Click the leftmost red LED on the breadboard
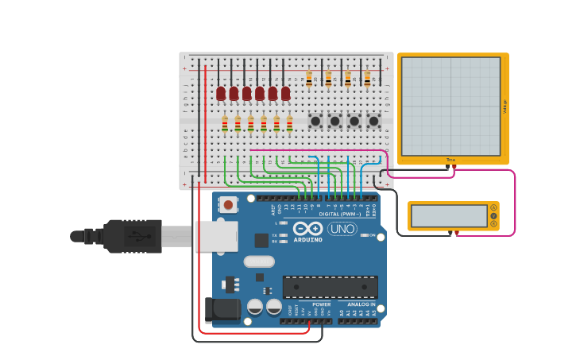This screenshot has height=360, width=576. coord(221,94)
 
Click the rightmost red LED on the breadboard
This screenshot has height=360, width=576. coord(285,94)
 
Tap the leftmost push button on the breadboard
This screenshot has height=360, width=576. coord(315,121)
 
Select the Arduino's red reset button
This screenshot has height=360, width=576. coord(229,204)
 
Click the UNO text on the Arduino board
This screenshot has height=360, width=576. coord(342,229)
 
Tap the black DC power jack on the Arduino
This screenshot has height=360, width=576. coord(222,309)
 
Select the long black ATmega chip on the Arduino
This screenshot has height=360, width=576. coord(330,287)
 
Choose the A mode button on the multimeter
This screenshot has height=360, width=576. coord(493,208)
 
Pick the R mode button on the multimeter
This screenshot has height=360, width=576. coord(493,224)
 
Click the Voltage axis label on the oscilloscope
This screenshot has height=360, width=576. coord(504,106)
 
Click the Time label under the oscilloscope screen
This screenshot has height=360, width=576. coord(451,160)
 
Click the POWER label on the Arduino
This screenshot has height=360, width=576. coord(322,304)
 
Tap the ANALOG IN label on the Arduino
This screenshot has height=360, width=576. coord(361,304)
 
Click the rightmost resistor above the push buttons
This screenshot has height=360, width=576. coord(367,78)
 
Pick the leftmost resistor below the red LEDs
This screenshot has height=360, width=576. coord(225,123)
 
